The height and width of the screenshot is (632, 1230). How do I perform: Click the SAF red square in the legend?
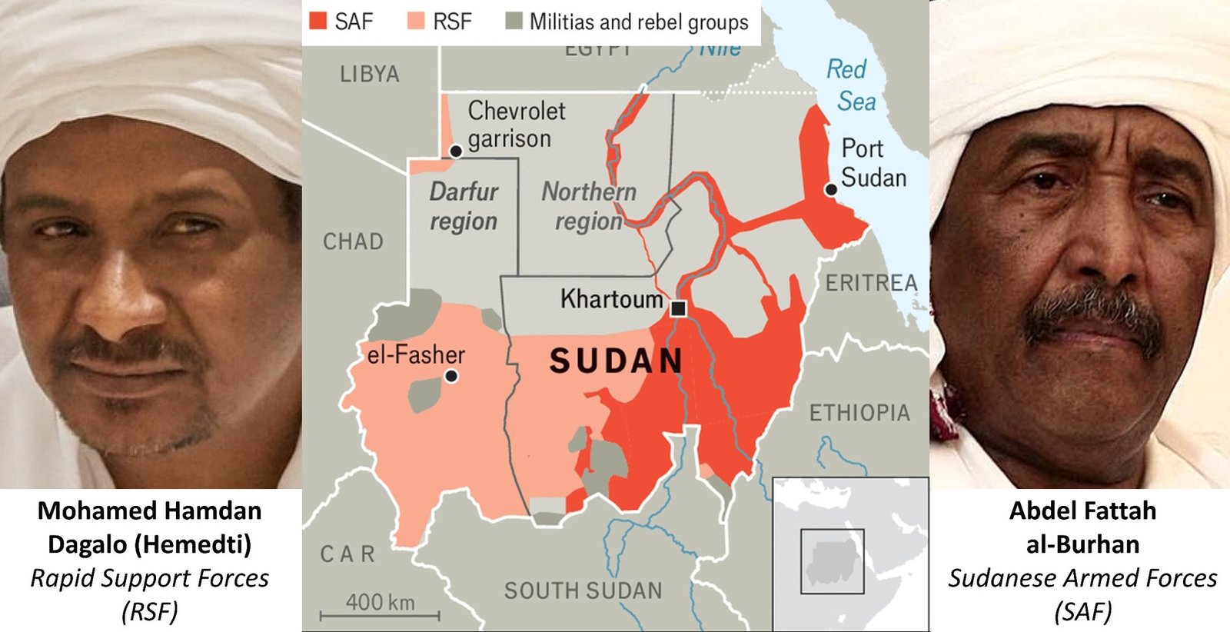317,22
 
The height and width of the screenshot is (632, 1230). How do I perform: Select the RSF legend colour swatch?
416,22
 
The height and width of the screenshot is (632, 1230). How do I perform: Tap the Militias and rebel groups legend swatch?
514,22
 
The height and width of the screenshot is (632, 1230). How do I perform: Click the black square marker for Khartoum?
678,308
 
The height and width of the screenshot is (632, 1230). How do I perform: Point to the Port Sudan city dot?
830,189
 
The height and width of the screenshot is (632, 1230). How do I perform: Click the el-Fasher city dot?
451,376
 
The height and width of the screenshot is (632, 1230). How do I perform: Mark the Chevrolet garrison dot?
456,151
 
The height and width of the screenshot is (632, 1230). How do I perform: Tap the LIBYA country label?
370,75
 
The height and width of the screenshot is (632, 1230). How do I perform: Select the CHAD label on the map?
353,241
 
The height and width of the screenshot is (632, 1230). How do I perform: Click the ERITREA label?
871,283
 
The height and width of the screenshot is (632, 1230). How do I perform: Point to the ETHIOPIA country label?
859,413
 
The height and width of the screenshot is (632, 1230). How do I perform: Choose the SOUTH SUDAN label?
583,590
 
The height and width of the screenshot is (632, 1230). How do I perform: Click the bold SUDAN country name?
616,361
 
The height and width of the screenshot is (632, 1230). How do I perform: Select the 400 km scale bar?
380,614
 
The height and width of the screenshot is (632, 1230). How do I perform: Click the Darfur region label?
464,206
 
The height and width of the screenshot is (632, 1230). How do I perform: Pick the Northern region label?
589,206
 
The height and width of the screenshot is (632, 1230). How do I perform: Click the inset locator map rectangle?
832,560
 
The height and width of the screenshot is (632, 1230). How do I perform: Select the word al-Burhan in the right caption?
1082,544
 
